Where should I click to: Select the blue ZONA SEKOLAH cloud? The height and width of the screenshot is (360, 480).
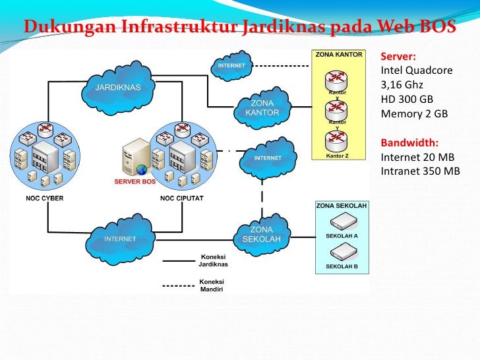tap(262, 233)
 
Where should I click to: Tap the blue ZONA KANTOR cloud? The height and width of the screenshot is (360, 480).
tap(262, 108)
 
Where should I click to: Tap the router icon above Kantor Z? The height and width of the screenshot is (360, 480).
tap(337, 141)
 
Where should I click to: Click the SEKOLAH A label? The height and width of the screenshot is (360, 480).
tap(342, 235)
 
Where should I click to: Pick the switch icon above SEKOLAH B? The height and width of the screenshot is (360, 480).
tap(342, 251)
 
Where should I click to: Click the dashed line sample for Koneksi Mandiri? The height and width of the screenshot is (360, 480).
tap(178, 285)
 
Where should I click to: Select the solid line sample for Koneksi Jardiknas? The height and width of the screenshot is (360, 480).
tap(178, 260)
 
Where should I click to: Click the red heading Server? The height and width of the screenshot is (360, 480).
tap(398, 56)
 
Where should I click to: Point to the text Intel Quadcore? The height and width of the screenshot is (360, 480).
tap(417, 71)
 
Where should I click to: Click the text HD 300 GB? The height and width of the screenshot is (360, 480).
tap(407, 100)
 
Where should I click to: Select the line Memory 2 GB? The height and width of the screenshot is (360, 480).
tap(414, 114)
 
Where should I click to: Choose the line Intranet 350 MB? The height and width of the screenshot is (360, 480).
tap(420, 171)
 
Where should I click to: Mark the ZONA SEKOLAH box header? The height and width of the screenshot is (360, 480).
tap(342, 206)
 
